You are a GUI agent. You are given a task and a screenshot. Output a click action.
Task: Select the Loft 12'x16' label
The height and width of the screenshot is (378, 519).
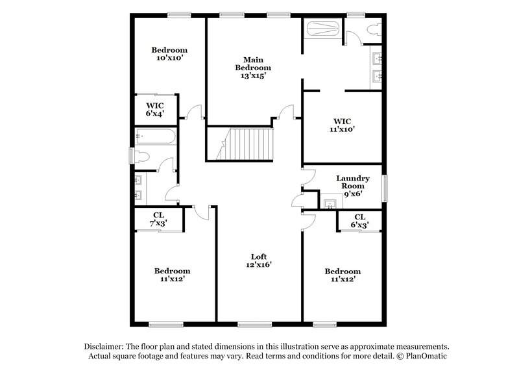[x=259, y=260]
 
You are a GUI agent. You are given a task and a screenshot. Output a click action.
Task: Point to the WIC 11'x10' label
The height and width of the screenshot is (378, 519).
[x=341, y=125]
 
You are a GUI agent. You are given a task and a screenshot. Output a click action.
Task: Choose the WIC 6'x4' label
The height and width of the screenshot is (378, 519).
[x=154, y=109]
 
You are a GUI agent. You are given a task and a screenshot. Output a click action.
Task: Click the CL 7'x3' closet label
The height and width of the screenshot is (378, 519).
[x=159, y=220]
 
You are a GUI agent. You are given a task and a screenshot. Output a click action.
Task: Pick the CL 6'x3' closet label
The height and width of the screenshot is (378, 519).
[x=359, y=221]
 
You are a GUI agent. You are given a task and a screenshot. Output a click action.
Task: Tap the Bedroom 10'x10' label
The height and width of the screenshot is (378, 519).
[x=169, y=54]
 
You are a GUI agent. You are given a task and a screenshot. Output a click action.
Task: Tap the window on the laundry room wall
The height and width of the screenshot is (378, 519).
[x=386, y=188]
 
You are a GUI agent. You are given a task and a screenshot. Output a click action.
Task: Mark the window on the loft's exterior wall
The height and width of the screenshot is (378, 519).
[x=254, y=324]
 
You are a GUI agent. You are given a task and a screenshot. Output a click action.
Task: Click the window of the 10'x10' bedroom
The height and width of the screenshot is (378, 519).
[x=178, y=14]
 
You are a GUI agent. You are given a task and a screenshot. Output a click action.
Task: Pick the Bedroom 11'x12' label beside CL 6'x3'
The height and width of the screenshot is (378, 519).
[x=343, y=275]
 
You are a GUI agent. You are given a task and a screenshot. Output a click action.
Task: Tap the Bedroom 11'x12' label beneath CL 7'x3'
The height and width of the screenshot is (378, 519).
[x=172, y=275]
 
